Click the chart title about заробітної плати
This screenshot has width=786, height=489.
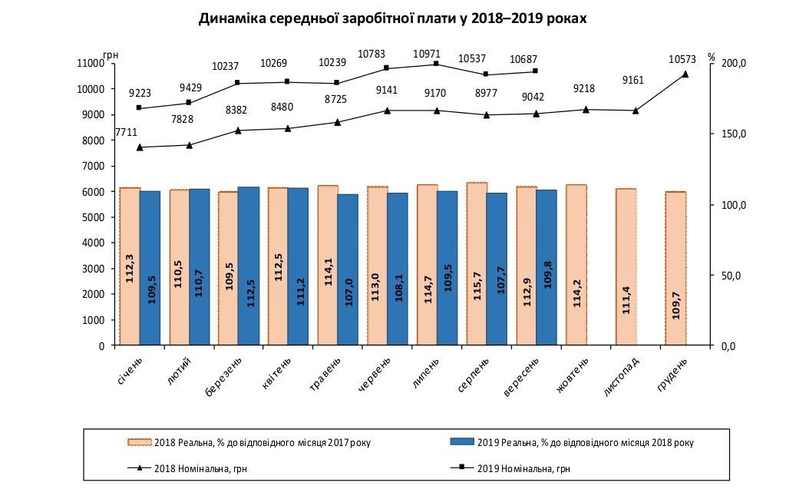tap(392, 18)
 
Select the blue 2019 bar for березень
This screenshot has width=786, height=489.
tap(249, 266)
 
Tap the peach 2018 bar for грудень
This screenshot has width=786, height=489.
tap(675, 269)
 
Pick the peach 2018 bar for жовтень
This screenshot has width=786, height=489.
tap(576, 265)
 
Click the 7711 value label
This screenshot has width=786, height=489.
tap(126, 133)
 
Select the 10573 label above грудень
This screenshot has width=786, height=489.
tap(684, 59)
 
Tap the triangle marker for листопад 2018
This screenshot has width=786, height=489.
tap(636, 111)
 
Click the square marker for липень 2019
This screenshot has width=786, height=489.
tap(436, 64)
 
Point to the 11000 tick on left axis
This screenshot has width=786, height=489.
tap(91, 63)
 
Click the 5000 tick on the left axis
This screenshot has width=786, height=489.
tap(93, 217)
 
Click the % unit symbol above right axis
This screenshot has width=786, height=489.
tap(712, 57)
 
